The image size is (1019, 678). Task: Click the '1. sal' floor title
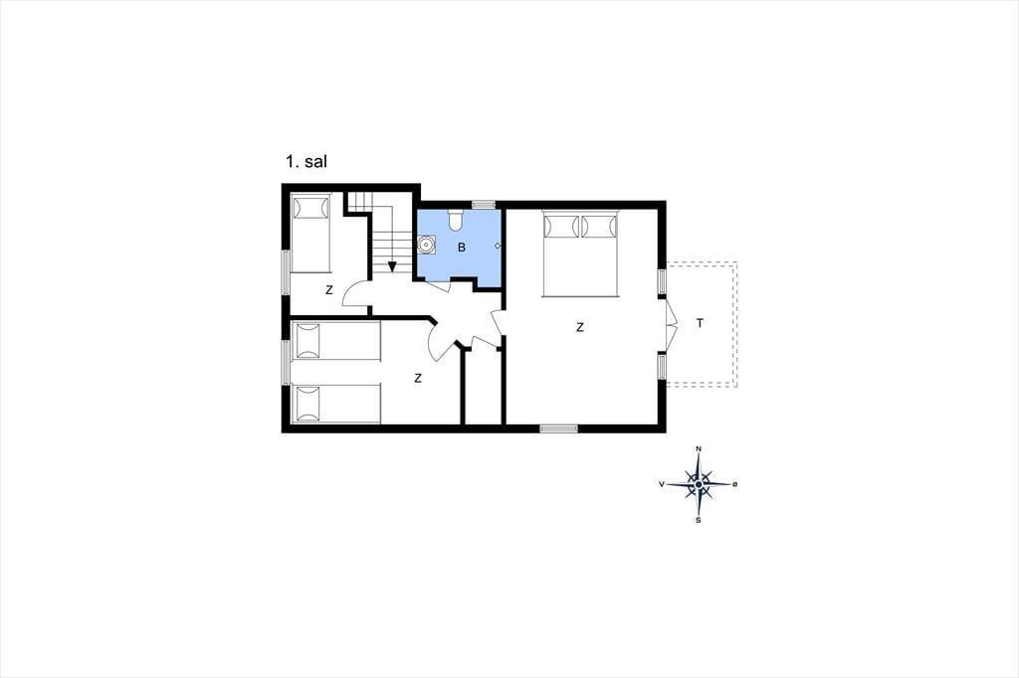point(306,161)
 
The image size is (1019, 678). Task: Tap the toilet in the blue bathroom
point(455,220)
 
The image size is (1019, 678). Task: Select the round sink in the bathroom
point(426,246)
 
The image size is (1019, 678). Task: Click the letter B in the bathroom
point(462,248)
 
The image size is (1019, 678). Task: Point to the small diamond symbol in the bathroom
point(498,247)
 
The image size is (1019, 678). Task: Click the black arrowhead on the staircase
point(392,266)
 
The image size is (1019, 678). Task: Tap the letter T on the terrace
point(700,323)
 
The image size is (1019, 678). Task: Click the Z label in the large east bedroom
point(580,328)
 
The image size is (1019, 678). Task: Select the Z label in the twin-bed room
point(418,378)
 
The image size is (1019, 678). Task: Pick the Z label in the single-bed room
point(328,290)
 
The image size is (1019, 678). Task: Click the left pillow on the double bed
point(561,227)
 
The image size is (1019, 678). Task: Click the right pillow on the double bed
point(598,227)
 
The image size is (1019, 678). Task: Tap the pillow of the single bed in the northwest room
point(310,209)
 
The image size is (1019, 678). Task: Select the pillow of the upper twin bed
point(308,341)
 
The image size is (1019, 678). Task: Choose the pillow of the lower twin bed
point(308,404)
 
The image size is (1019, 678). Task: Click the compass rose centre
point(698,484)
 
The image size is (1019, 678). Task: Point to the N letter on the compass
point(699,448)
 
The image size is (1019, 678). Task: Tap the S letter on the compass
point(698,520)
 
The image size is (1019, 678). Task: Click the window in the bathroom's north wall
point(483,205)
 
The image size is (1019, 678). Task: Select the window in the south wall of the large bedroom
point(559,428)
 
